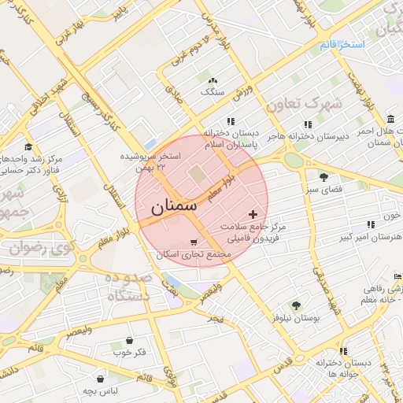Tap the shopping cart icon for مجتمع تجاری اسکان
194,242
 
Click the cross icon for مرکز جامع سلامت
252,214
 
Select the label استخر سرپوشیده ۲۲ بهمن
150,161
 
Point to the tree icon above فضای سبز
323,176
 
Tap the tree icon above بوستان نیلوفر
295,305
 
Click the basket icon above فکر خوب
128,341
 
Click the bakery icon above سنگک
212,80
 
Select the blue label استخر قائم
342,45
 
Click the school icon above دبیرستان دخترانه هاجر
308,124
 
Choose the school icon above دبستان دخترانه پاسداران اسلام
230,122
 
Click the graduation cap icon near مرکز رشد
29,146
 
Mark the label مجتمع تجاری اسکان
193,254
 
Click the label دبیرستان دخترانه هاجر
307,136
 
